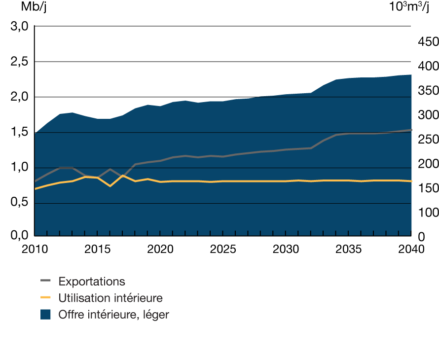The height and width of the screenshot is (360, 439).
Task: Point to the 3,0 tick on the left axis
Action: (x=19, y=26)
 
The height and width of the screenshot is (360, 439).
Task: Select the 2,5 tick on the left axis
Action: (x=19, y=62)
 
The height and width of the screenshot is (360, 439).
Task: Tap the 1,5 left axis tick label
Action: (x=19, y=133)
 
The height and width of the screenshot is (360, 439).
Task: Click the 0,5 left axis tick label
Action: (x=19, y=203)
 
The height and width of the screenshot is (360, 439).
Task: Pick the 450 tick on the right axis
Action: (x=427, y=42)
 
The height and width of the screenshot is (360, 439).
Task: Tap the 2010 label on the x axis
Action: (x=35, y=249)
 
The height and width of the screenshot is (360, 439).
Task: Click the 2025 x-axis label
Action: (x=222, y=249)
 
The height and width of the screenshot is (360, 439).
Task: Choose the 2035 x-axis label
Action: (x=348, y=249)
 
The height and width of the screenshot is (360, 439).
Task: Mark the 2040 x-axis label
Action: (x=410, y=249)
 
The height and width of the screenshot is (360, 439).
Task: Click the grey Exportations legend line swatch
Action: (x=45, y=282)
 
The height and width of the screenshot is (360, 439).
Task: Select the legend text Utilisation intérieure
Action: (x=110, y=298)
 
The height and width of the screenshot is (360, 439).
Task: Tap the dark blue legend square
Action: (x=45, y=314)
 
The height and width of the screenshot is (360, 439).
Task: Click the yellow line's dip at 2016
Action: (x=110, y=186)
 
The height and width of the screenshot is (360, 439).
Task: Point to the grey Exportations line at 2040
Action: (x=410, y=130)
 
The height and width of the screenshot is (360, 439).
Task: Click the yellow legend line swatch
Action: (x=45, y=298)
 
